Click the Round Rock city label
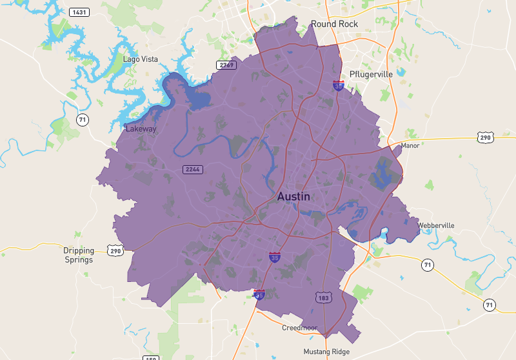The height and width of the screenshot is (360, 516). [334, 24]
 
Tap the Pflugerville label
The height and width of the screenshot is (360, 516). [371, 74]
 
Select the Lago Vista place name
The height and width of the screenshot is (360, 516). [141, 59]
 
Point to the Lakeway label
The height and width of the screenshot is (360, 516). [141, 128]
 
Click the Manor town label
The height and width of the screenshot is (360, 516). [410, 145]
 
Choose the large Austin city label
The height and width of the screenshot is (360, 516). [293, 197]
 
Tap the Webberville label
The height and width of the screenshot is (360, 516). [436, 225]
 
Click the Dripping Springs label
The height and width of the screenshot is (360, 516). [79, 255]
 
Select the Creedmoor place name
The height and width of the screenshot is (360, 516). [300, 328]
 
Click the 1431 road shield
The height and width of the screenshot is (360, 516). [80, 12]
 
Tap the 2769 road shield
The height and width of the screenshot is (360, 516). [226, 65]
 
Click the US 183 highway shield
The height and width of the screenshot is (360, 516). [323, 297]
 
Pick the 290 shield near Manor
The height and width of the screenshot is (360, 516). [486, 137]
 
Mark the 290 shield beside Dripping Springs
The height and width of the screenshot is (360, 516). [115, 250]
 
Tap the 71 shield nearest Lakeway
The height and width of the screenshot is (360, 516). [82, 119]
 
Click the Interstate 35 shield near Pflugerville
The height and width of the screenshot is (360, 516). [338, 85]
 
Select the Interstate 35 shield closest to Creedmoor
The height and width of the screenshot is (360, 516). [259, 294]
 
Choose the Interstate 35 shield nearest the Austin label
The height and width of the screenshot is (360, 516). [275, 257]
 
